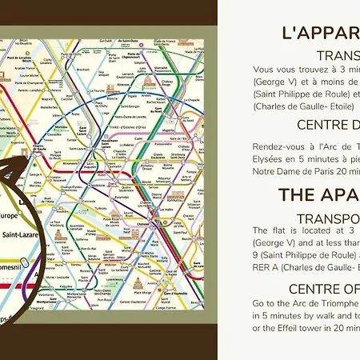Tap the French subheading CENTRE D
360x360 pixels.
point(328,125)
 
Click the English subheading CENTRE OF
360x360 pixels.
point(324,288)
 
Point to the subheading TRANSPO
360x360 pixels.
point(328,218)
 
